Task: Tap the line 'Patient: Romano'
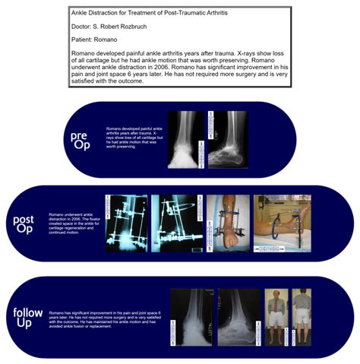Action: (95, 44)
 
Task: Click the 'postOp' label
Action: (24, 224)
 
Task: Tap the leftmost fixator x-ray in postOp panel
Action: (125, 223)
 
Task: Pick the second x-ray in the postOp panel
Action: (177, 223)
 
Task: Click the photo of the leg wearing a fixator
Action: (226, 223)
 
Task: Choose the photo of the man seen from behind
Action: (302, 313)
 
